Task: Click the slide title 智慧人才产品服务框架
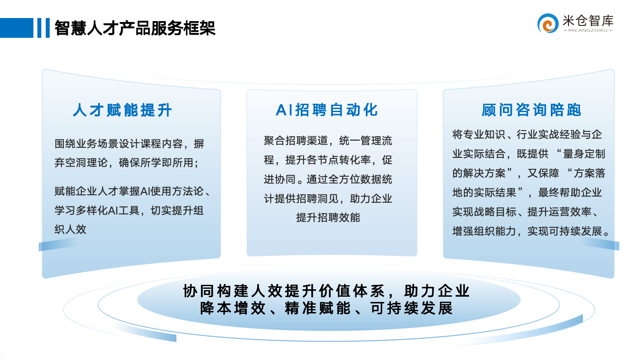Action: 135,28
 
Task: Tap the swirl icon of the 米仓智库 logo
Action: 547,23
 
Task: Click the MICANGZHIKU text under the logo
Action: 588,31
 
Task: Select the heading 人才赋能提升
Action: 123,110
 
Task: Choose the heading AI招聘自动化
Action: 327,110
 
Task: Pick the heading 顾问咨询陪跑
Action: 532,110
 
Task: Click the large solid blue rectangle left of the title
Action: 16,28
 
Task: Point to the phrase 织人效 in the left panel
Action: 70,229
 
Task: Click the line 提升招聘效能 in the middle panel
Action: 328,218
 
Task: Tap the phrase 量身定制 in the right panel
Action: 584,154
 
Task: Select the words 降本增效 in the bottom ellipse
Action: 233,309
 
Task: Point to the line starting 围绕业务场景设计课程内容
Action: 129,144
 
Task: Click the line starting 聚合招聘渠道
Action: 328,141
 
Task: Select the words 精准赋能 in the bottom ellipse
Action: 318,309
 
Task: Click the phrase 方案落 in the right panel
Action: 589,173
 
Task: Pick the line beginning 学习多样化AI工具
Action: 129,211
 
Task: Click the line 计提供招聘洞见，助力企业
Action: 328,199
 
